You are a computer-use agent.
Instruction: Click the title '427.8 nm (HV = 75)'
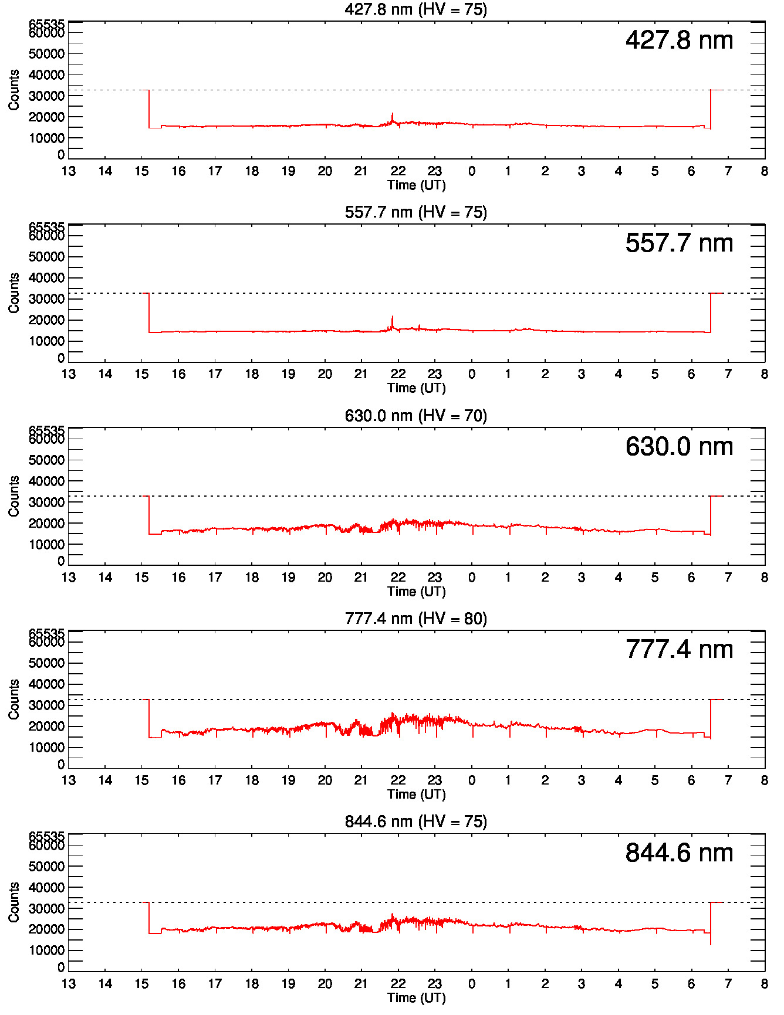(415, 9)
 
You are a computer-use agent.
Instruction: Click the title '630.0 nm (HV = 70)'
(415, 416)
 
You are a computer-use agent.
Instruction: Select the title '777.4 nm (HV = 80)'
(415, 619)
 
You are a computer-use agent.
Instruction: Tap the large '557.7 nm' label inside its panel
(679, 243)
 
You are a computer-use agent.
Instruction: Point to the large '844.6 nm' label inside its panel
(679, 853)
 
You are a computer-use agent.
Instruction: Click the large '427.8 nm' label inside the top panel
(679, 40)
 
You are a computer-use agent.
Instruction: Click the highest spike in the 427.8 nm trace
(393, 114)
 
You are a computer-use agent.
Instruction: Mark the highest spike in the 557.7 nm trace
(393, 317)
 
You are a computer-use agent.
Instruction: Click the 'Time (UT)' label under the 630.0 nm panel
(416, 591)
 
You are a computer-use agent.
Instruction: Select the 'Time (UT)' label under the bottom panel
(416, 997)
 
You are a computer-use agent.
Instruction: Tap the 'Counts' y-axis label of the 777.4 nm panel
(14, 700)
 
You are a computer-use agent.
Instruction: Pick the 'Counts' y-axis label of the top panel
(14, 90)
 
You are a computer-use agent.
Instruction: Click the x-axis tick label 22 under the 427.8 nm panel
(398, 171)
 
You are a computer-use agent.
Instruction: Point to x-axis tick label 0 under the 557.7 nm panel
(472, 374)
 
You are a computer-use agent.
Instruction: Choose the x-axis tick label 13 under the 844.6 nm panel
(69, 984)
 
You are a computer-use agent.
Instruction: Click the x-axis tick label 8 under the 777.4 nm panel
(764, 780)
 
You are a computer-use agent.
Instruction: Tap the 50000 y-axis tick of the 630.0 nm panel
(46, 460)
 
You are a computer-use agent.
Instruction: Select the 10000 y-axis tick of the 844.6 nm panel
(46, 950)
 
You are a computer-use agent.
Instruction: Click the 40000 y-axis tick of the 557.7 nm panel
(46, 278)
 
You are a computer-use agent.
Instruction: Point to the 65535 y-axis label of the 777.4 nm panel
(46, 634)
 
